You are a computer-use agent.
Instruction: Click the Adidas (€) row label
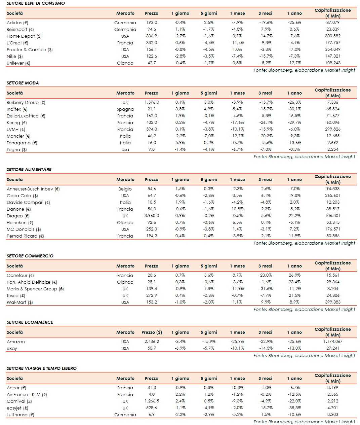coord(17,23)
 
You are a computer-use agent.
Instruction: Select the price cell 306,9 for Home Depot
coord(152,36)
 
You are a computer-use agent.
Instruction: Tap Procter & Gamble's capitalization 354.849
coord(332,49)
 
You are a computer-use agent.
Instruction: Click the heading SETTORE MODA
coord(23,83)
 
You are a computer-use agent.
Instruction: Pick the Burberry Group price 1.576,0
coord(152,102)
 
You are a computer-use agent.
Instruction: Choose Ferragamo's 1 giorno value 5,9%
coord(180,143)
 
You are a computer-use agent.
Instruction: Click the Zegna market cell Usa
coord(125,149)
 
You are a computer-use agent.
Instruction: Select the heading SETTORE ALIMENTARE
coord(29,169)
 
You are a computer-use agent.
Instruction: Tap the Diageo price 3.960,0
coord(152,216)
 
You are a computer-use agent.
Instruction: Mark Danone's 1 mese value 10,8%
coord(237,209)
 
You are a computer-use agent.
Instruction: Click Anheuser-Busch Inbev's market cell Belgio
coord(125,189)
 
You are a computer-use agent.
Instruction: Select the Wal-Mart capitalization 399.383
coord(332,302)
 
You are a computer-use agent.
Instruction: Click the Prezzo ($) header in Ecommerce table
coord(152,332)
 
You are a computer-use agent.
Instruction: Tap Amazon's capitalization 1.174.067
coord(332,342)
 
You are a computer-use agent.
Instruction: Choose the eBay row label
coord(12,348)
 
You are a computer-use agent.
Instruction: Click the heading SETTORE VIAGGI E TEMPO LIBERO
coord(41,368)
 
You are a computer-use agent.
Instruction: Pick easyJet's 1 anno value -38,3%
coord(294,408)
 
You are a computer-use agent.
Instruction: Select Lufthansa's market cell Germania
coord(125,415)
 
